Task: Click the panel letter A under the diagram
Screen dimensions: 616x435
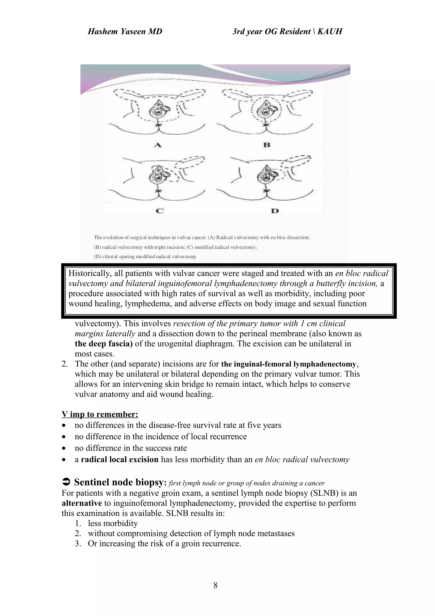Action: coord(158,145)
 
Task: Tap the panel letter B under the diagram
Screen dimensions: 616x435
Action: coord(267,145)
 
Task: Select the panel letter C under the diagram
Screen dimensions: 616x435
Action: coord(160,211)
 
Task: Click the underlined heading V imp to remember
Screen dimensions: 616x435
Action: coord(100,414)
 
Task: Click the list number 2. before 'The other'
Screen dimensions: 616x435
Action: coord(65,364)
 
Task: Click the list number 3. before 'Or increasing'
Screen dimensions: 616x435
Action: coord(78,544)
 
